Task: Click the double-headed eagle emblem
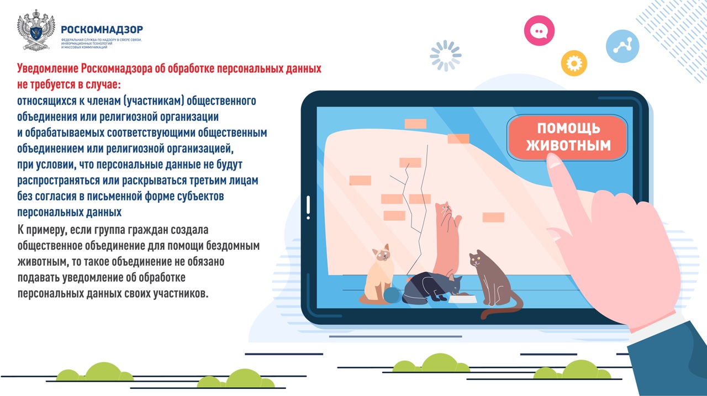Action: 36,30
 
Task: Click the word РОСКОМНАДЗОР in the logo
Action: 102,30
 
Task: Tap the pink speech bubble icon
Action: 539,30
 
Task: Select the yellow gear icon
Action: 574,63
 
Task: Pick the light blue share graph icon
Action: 622,46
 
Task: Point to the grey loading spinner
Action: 446,56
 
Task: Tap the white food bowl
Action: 463,299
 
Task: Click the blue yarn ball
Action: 392,295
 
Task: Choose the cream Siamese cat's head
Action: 382,253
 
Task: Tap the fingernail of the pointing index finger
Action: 553,161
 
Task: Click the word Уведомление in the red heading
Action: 48,68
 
